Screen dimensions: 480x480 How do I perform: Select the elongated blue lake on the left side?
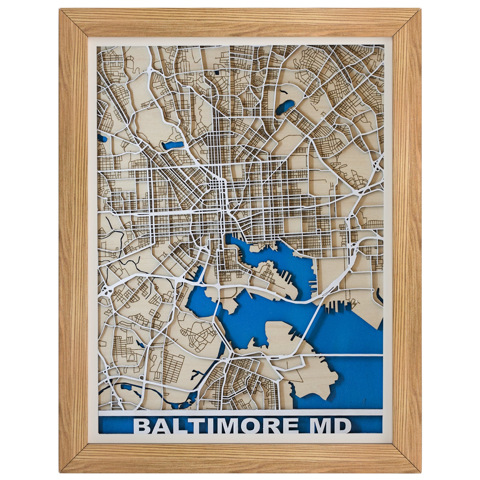pos(173,145)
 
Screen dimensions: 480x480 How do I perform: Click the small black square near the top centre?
pos(217,72)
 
